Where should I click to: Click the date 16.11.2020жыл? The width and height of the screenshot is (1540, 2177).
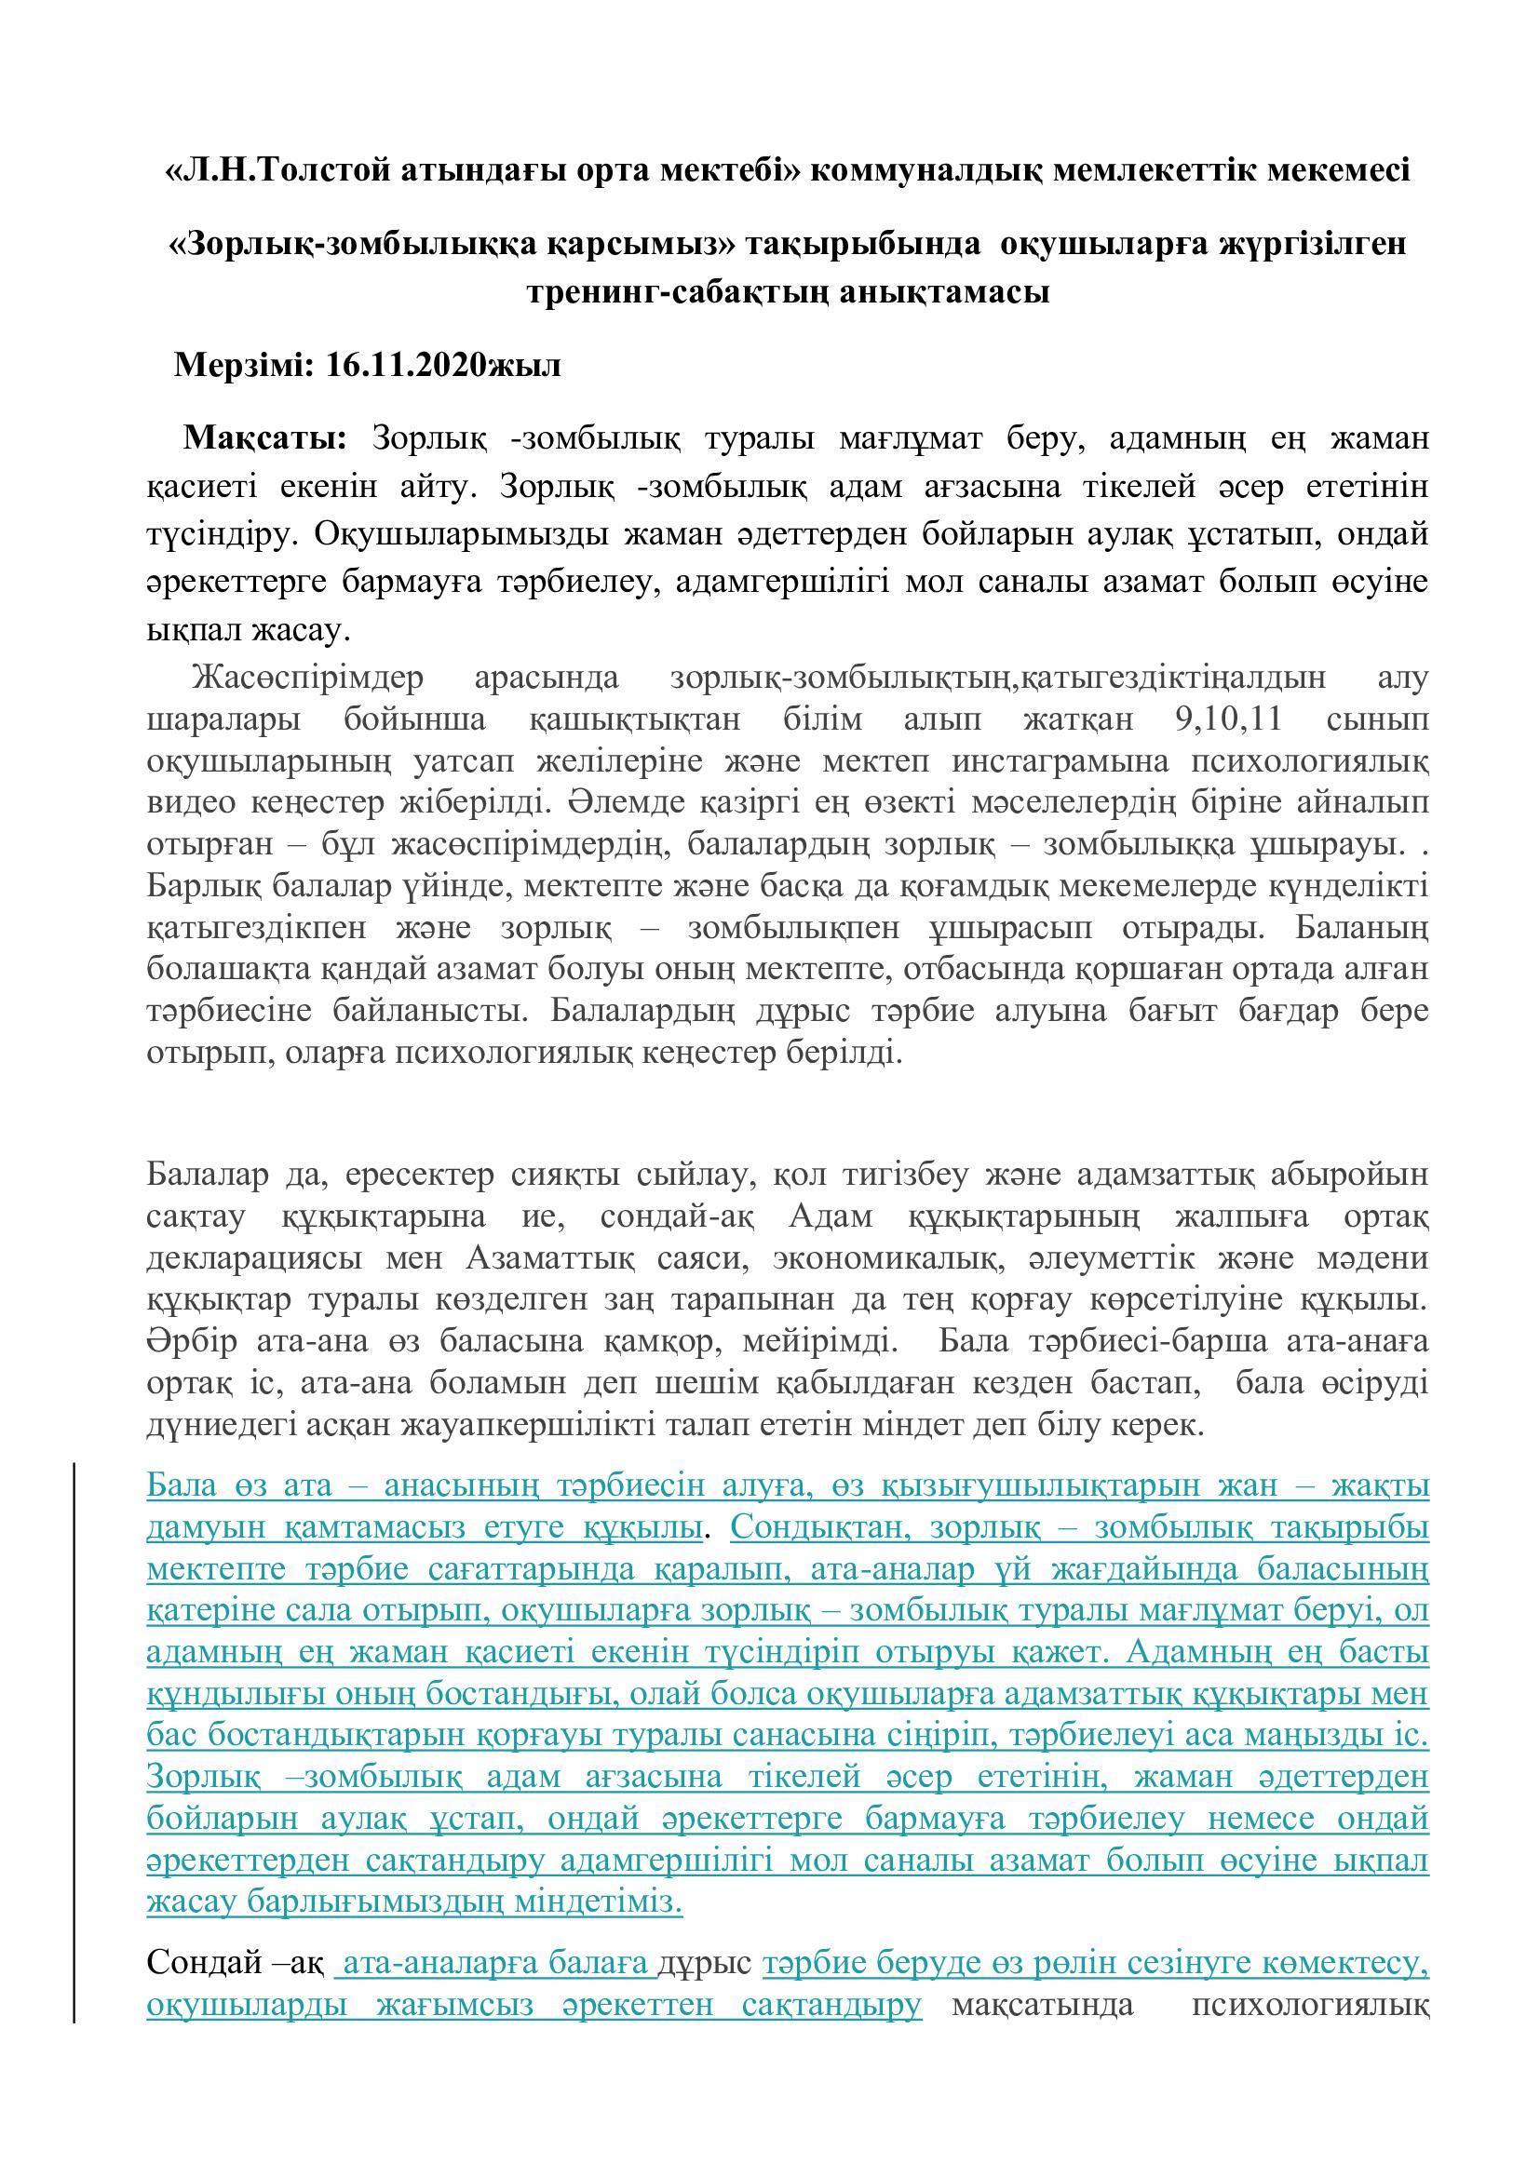[443, 365]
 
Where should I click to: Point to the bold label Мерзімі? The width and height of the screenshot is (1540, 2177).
[243, 365]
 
